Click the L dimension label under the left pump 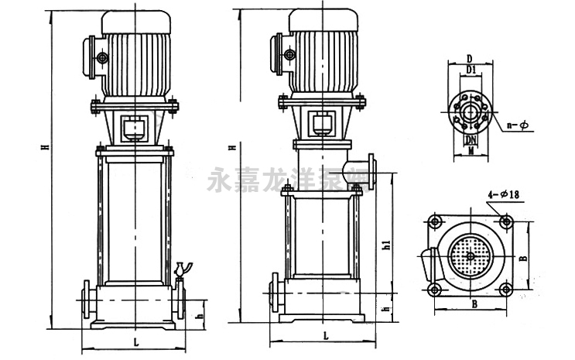click(136, 341)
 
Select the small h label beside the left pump click(199, 315)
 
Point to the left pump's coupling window click(135, 128)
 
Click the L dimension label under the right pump click(326, 335)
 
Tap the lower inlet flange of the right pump click(273, 292)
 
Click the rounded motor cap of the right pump click(323, 21)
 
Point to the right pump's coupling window click(322, 122)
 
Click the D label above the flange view click(469, 59)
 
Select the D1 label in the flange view click(469, 71)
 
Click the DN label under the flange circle click(469, 140)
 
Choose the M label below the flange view click(469, 153)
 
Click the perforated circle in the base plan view click(471, 255)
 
